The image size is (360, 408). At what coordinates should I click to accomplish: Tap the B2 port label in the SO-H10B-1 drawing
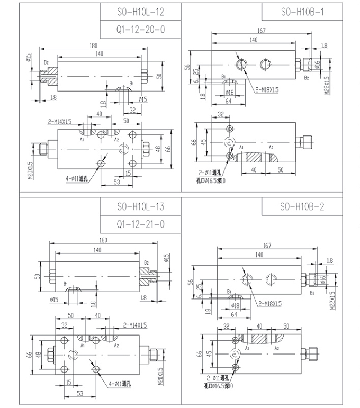306,78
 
